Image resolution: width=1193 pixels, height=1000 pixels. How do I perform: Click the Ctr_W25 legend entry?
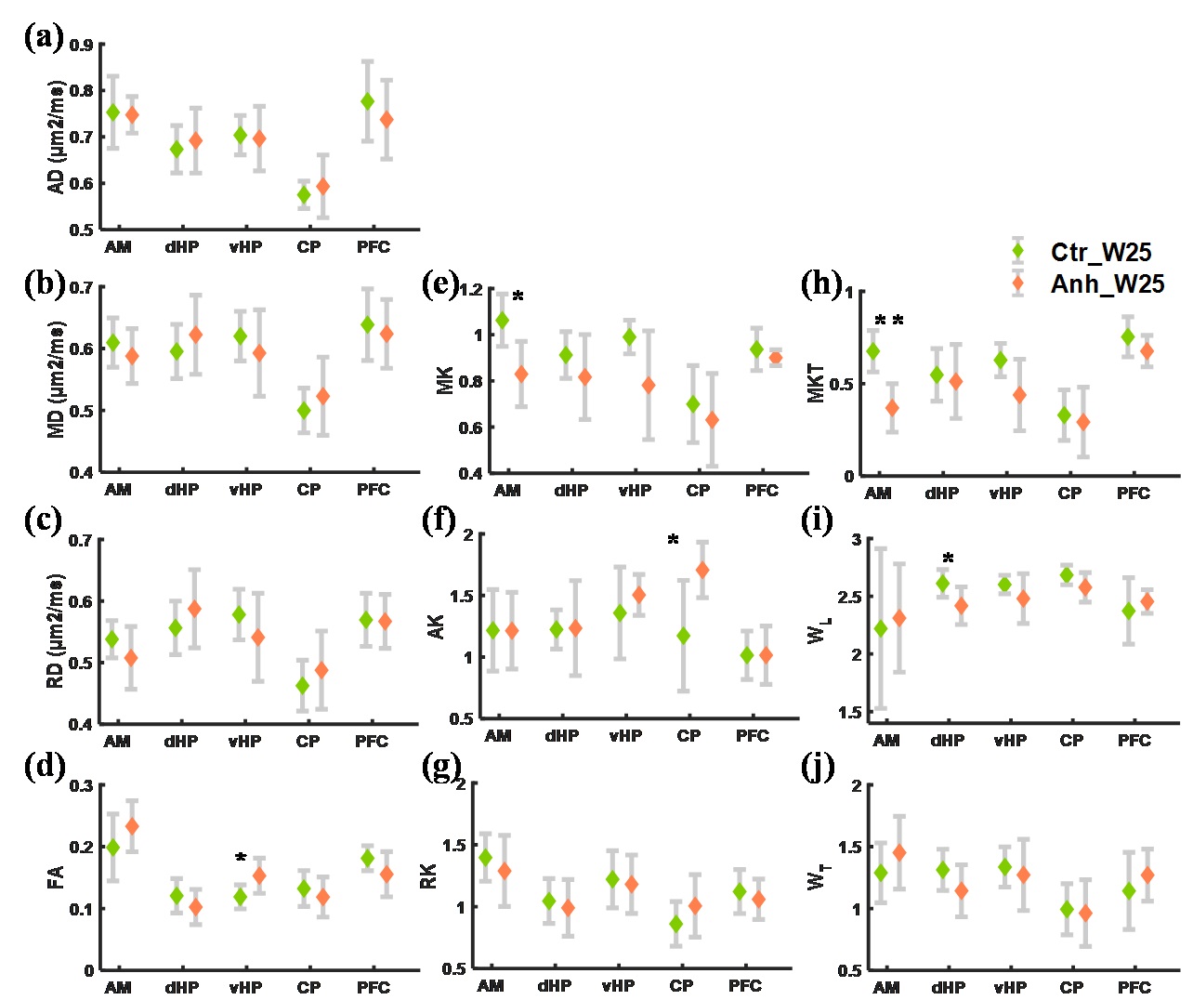(x=1100, y=252)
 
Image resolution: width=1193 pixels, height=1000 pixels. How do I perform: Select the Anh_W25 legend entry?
(x=1106, y=283)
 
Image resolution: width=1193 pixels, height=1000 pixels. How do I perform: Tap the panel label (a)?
(x=44, y=37)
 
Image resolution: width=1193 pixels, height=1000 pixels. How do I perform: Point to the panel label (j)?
(x=818, y=767)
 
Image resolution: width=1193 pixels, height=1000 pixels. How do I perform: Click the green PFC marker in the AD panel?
(x=368, y=101)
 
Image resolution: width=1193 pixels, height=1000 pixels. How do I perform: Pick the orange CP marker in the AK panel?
(x=702, y=570)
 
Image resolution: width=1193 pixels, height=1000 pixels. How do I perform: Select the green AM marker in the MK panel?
(x=503, y=321)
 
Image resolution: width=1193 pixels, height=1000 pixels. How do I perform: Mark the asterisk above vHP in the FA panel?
(x=241, y=859)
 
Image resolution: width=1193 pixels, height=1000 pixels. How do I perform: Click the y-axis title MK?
(x=445, y=380)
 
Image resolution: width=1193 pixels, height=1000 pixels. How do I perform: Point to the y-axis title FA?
(x=56, y=877)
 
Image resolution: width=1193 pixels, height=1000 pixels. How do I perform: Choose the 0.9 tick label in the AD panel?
(x=82, y=45)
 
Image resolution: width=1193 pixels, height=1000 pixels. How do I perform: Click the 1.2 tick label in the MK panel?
(x=471, y=289)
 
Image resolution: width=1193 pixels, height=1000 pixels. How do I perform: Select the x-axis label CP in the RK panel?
(x=681, y=985)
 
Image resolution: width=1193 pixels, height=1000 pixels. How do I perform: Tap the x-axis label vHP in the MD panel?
(x=245, y=489)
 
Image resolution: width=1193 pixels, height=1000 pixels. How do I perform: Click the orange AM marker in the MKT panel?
(x=892, y=408)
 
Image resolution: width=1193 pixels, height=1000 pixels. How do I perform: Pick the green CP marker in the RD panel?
(x=302, y=686)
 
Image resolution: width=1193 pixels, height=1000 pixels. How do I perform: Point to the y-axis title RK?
(x=428, y=875)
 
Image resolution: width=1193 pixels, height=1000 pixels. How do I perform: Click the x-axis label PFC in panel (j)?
(x=1134, y=987)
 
